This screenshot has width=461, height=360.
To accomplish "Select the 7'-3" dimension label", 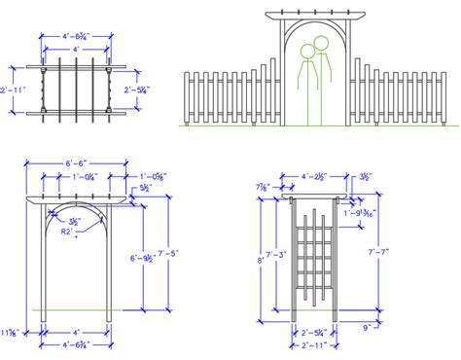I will (x=278, y=255).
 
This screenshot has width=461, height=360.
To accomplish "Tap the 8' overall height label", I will (x=259, y=259).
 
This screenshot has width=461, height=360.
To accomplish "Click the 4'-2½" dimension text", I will (x=314, y=176).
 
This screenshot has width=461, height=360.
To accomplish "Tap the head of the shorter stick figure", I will (x=308, y=51).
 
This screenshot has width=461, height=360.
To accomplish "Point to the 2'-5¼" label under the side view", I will (x=313, y=331).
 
